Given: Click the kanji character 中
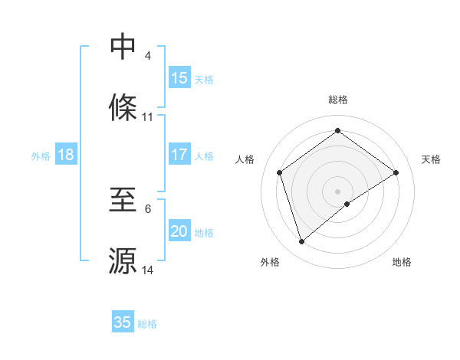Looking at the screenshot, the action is [123, 46].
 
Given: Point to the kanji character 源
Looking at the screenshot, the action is [123, 260].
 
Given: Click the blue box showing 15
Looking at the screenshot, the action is [179, 78].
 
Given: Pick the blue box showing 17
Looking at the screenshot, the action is [179, 155].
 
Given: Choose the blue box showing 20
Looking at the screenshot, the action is [179, 231].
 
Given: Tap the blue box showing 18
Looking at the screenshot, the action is [66, 155].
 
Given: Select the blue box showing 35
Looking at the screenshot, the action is [123, 322].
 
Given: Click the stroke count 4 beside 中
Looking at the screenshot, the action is [148, 56].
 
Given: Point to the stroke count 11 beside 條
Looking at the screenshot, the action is [148, 117].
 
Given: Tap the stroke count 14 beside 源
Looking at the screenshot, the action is [148, 270].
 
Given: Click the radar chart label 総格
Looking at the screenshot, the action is [338, 100].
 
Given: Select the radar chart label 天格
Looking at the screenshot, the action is [431, 159].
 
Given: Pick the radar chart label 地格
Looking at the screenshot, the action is [402, 262].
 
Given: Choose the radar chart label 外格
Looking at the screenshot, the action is [270, 262].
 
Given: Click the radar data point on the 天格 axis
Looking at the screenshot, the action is [396, 172].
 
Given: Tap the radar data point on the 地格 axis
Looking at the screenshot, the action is [347, 204].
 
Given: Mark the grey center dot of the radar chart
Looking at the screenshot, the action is [338, 191].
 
